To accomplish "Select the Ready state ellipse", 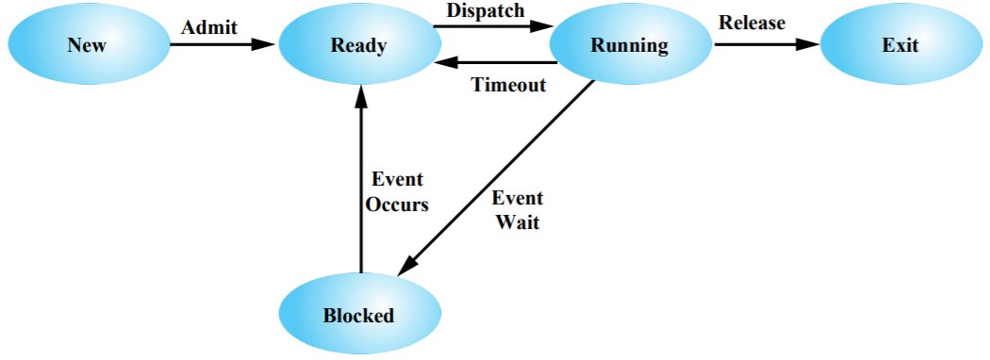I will click(x=358, y=45).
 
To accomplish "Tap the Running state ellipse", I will click(x=629, y=45).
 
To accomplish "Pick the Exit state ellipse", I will click(x=899, y=45).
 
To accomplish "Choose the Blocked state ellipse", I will click(x=358, y=315).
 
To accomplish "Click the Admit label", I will click(x=209, y=26).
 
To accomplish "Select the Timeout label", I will click(x=508, y=85).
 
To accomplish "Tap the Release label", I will click(x=751, y=23).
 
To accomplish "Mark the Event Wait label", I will click(x=517, y=210).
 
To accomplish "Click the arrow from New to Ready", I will click(x=222, y=44).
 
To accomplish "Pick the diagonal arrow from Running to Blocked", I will click(x=500, y=175).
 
